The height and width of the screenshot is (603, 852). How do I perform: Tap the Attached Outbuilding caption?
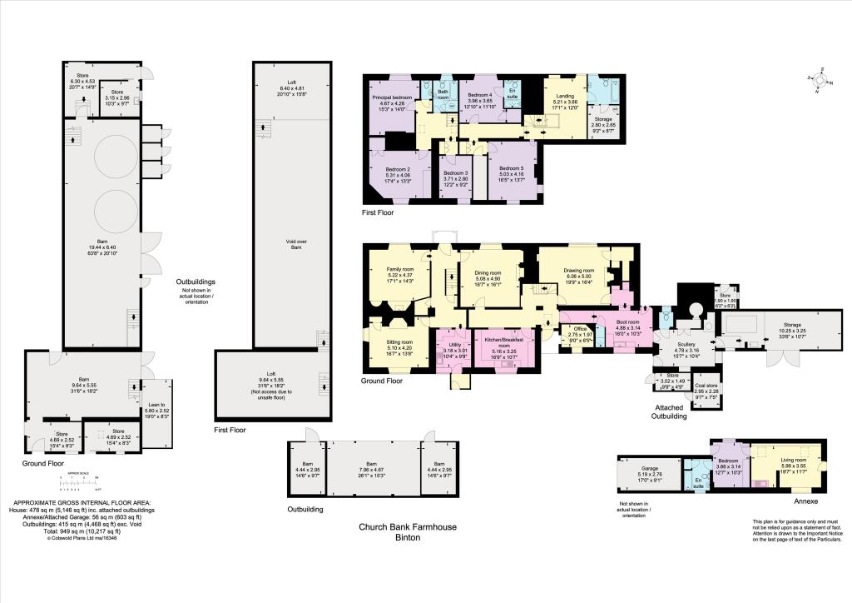pos(670,411)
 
